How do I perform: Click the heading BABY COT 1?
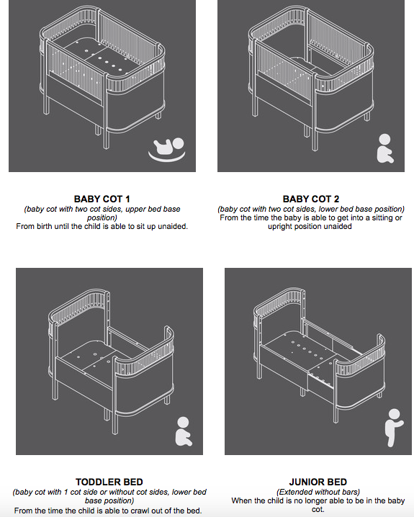click(102, 199)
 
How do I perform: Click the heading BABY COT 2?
click(311, 199)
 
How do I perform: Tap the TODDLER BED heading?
click(109, 482)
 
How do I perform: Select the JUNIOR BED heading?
click(318, 482)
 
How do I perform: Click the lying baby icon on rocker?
click(167, 149)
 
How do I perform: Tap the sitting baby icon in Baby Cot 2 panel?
click(384, 148)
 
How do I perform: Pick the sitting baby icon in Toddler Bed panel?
click(184, 431)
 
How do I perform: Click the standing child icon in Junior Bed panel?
click(394, 428)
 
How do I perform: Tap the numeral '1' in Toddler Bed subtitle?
click(66, 493)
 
